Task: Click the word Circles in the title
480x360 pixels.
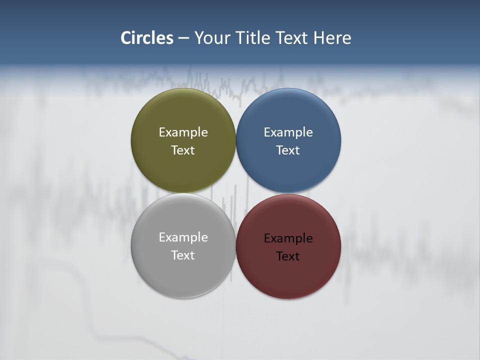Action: click(x=147, y=38)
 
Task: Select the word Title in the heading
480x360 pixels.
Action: click(x=252, y=38)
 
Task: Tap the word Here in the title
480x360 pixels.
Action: click(x=332, y=38)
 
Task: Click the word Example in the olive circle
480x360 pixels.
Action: click(x=183, y=132)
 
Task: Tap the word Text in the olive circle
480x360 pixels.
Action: click(x=183, y=150)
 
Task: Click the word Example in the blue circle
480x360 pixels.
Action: click(x=288, y=132)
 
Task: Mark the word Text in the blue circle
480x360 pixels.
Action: click(x=288, y=150)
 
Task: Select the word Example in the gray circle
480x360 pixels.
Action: click(x=183, y=237)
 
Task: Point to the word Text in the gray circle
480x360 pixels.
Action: click(x=183, y=255)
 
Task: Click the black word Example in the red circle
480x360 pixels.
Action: click(x=288, y=238)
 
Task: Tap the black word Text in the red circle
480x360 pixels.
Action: click(x=288, y=256)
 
